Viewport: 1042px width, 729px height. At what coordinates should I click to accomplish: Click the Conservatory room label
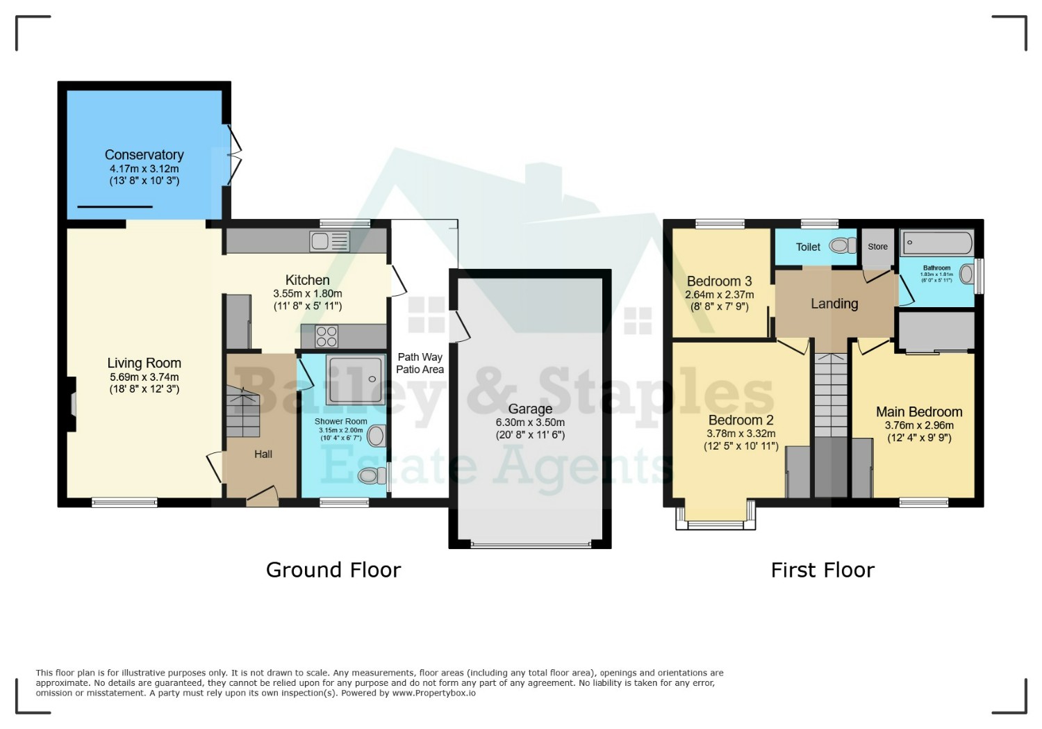(144, 154)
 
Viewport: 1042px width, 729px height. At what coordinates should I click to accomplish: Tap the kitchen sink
(329, 241)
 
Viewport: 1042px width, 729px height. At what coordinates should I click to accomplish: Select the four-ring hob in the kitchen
(326, 336)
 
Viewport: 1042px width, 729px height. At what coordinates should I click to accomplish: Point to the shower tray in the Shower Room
(356, 379)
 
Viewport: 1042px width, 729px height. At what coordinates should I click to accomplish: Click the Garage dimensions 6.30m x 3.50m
(530, 423)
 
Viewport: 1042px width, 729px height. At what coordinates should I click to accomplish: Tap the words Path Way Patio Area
(420, 363)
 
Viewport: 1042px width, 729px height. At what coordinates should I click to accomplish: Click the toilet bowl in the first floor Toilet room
(843, 245)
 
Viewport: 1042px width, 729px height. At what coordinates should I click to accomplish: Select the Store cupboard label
(878, 247)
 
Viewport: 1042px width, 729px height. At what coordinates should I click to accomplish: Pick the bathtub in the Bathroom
(937, 243)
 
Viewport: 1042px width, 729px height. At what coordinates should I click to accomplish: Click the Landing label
(834, 304)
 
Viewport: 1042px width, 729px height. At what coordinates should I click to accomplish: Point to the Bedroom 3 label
(720, 281)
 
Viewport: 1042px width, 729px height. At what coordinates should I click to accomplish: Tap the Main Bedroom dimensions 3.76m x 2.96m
(919, 425)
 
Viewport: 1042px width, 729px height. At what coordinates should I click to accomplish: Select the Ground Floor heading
(333, 571)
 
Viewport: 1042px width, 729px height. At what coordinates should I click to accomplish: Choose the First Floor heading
(823, 571)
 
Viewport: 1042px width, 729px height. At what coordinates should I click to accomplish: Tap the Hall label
(263, 454)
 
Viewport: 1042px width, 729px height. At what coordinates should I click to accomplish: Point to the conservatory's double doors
(235, 156)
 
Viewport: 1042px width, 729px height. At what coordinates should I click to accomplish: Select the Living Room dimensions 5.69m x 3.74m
(144, 377)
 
